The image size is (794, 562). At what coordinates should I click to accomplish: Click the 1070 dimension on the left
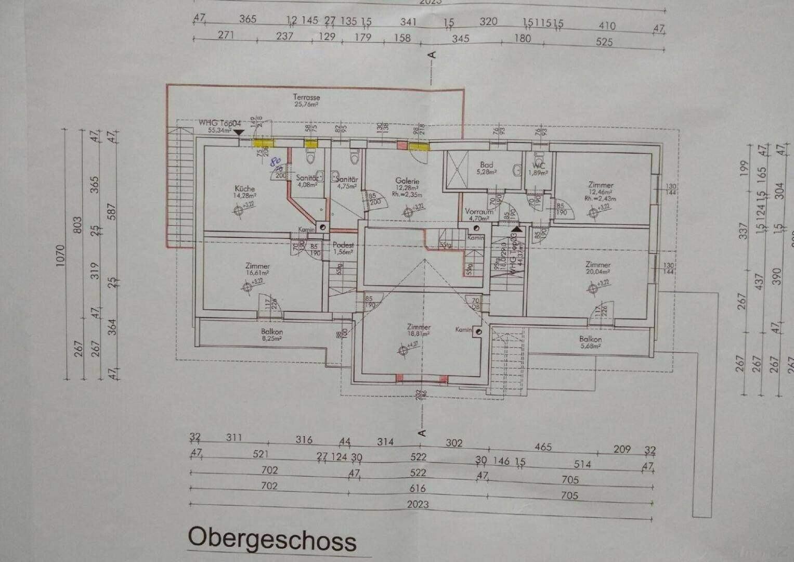(x=61, y=256)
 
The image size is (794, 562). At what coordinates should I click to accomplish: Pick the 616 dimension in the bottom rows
(x=417, y=489)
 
